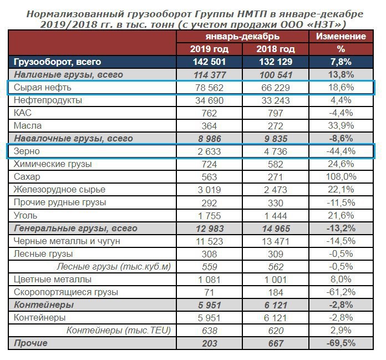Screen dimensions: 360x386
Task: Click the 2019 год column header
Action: tap(209, 49)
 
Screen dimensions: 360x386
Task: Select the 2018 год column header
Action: tap(275, 49)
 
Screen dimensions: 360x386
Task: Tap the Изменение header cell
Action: tap(341, 37)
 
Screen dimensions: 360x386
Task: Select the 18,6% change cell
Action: tap(341, 88)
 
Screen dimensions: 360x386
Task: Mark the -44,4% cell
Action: tap(341, 151)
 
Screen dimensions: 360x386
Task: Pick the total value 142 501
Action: tap(209, 62)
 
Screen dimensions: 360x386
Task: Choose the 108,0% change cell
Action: tap(341, 177)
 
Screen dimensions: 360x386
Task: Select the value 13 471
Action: tap(275, 241)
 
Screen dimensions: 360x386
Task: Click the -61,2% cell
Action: tap(341, 292)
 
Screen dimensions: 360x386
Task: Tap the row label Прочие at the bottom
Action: tap(31, 343)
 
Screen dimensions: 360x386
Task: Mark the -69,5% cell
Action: tap(341, 343)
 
